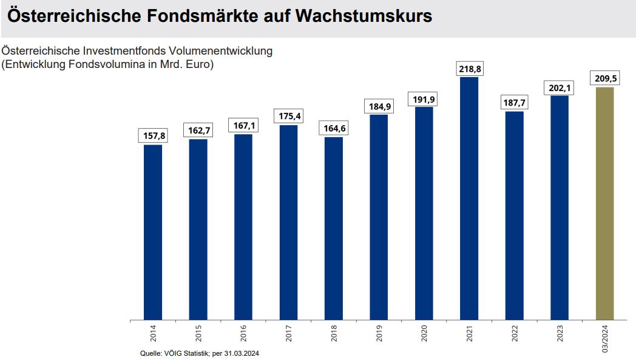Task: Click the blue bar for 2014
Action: click(153, 232)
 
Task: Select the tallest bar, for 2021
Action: click(469, 198)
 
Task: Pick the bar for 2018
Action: click(334, 228)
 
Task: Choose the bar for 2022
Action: click(514, 216)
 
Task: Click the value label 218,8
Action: click(469, 69)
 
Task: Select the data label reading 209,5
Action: click(604, 79)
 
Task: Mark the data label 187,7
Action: click(514, 103)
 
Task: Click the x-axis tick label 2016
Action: click(244, 335)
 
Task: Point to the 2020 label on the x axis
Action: click(425, 335)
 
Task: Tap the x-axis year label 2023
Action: click(560, 335)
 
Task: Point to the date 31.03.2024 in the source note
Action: click(242, 353)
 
